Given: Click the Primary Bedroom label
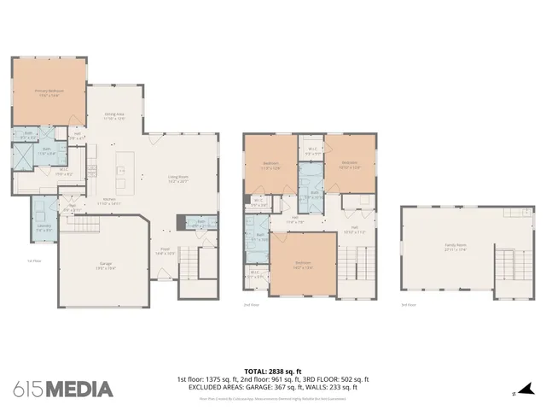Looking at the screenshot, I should coord(49,92).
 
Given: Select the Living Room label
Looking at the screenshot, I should coord(177,180).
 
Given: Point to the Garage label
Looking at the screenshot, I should coord(106,266).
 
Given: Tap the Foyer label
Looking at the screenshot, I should coord(165,251).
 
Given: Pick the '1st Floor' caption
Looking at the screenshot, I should coord(33,261).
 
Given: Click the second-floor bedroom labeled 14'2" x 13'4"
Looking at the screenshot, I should coord(303,264).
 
